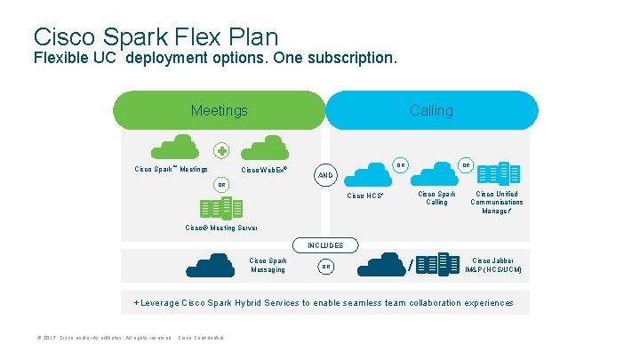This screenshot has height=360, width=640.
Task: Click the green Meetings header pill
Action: [220, 111]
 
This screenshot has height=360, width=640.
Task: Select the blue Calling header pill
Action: [431, 111]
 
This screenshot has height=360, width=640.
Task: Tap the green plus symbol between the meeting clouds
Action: [221, 150]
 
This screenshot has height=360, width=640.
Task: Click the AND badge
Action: [326, 175]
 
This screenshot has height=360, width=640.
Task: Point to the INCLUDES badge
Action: [325, 245]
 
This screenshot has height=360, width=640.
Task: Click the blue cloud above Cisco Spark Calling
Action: [436, 175]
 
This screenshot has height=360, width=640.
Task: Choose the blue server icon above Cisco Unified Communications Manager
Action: [497, 174]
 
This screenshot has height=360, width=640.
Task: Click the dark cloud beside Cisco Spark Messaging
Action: [211, 266]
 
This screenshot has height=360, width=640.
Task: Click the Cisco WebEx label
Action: [264, 169]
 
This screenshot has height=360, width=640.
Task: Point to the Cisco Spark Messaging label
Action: [268, 265]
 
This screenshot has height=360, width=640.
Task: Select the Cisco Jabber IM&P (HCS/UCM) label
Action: [493, 265]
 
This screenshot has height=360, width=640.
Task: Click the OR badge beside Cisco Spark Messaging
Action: [326, 267]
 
